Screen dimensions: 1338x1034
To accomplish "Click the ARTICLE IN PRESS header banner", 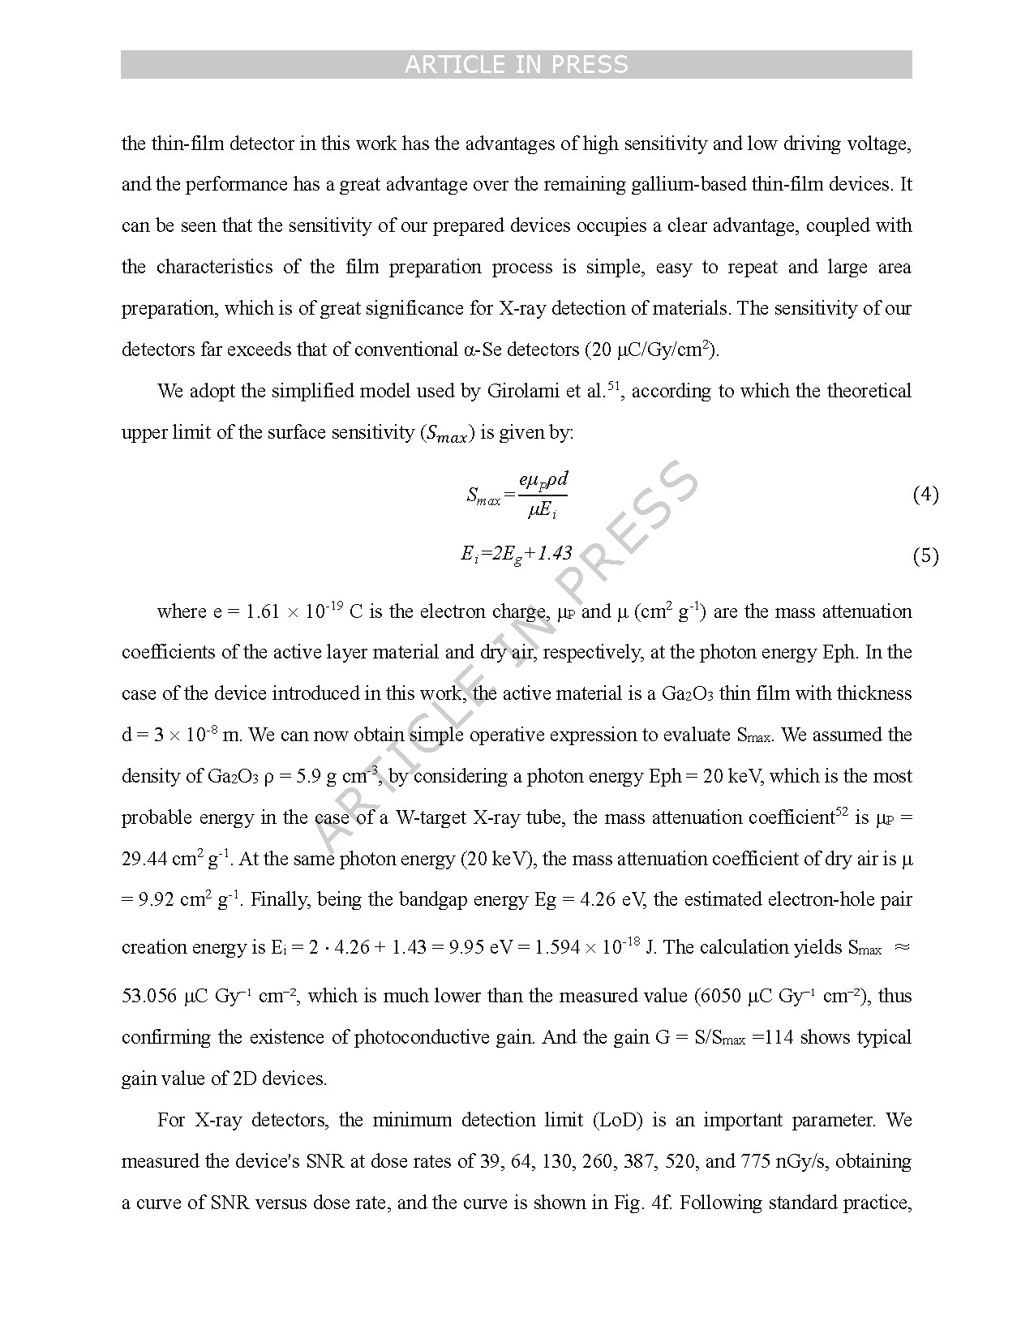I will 516,64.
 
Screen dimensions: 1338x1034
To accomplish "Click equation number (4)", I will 925,494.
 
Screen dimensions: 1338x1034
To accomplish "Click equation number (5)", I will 925,555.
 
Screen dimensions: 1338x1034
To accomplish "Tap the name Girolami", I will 524,391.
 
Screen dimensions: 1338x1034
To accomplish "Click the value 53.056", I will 149,996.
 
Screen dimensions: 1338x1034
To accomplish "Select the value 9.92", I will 158,900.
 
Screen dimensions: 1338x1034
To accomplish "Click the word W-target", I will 430,817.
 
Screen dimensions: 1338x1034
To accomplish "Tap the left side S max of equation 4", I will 484,496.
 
